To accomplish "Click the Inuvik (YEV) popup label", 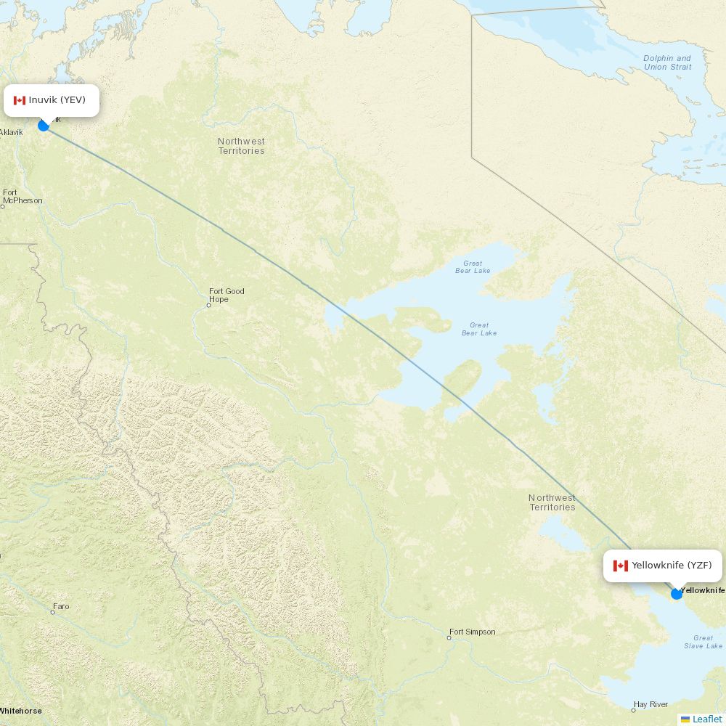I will [52, 100].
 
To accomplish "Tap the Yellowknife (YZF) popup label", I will [663, 566].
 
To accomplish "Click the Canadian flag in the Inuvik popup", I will [20, 100].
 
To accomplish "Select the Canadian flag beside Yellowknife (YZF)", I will [620, 566].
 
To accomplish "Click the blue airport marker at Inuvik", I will [44, 126].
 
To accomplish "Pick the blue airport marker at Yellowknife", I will [677, 594].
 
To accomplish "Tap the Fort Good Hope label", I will [227, 295].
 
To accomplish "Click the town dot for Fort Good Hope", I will [208, 305].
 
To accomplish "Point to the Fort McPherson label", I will [23, 197].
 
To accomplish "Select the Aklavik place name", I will [12, 132].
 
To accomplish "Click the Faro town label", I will [61, 606].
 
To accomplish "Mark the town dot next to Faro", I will [52, 612].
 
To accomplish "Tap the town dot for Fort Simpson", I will [449, 637].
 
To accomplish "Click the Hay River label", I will [650, 704].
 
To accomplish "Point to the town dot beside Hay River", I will [633, 710].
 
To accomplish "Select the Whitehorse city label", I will [20, 711].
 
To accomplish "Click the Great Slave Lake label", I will [703, 642].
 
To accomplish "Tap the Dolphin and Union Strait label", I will [667, 62].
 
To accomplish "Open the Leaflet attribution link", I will [706, 719].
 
